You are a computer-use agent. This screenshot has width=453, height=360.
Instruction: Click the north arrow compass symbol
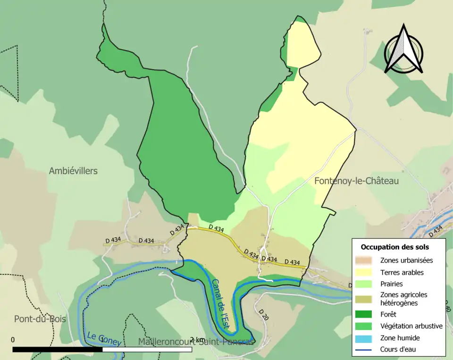coord(403,50)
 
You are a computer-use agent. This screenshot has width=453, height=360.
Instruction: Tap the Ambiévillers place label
coord(73,171)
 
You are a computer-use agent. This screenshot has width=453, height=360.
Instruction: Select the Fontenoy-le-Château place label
coord(356,181)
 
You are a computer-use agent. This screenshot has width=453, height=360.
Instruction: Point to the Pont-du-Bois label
coord(40,319)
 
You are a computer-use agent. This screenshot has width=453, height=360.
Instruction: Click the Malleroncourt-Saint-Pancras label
coord(196,341)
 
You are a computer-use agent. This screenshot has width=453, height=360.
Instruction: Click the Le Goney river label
coord(104,339)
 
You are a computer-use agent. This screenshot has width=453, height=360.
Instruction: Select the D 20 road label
coord(263,315)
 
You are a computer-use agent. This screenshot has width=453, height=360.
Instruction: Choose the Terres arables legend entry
coord(402,272)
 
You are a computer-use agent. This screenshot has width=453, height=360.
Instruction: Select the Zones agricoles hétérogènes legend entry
coord(403,299)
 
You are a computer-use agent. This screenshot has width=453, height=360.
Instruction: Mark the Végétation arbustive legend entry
coord(411,326)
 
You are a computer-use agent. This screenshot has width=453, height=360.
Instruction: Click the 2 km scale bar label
coord(197,340)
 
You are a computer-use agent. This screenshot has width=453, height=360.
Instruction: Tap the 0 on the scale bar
coord(13,340)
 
